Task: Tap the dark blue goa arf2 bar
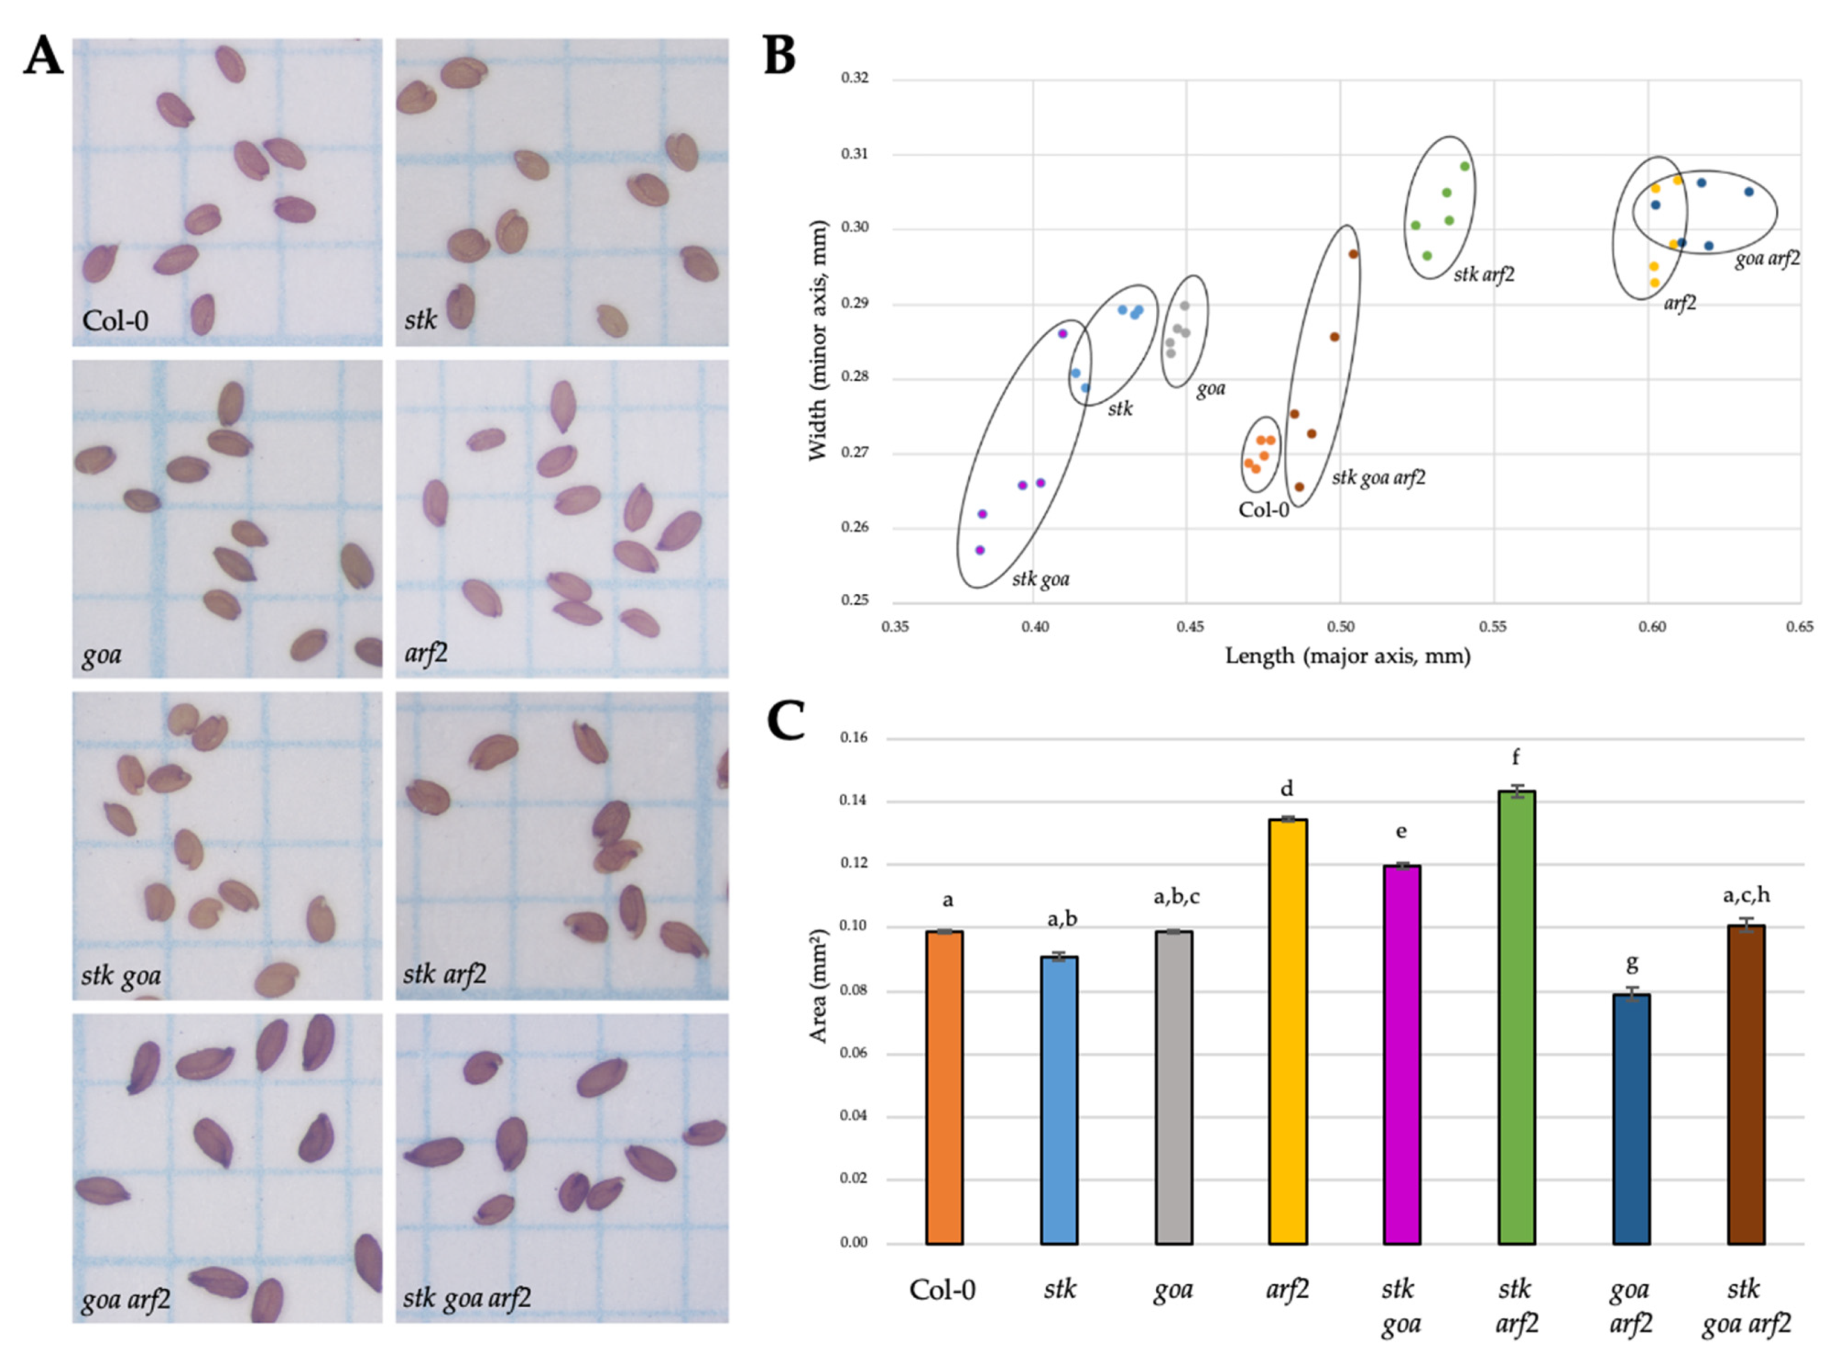(1630, 1119)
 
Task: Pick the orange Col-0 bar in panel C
(943, 1087)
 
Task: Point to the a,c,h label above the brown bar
(1745, 895)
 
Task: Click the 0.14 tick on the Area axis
(854, 801)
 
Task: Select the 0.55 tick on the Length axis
(1492, 627)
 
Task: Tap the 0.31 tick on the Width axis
(855, 154)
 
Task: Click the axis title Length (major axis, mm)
(1348, 656)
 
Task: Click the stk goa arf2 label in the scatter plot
(1378, 478)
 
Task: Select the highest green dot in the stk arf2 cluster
(1464, 167)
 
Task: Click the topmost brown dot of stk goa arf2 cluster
(1353, 254)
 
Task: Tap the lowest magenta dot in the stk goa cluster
(980, 550)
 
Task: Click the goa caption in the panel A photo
(102, 655)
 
